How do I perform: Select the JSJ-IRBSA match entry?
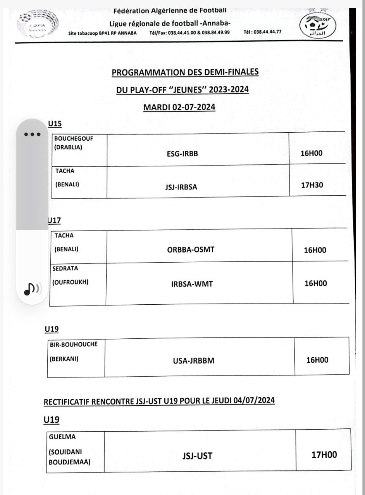click(181, 187)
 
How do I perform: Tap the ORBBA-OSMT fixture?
click(191, 249)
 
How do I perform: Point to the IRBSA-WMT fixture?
click(192, 283)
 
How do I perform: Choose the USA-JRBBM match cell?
click(193, 361)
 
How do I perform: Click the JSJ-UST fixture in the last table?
click(197, 456)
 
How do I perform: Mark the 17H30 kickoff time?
click(312, 185)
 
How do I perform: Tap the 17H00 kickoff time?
click(324, 455)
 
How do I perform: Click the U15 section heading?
click(55, 124)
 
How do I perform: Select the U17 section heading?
click(55, 220)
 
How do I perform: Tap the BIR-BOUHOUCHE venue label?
click(74, 345)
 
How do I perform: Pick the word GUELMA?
click(62, 437)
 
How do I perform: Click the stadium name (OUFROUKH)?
click(70, 282)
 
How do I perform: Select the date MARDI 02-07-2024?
click(179, 107)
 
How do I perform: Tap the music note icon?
click(31, 289)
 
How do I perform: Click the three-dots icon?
click(32, 134)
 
